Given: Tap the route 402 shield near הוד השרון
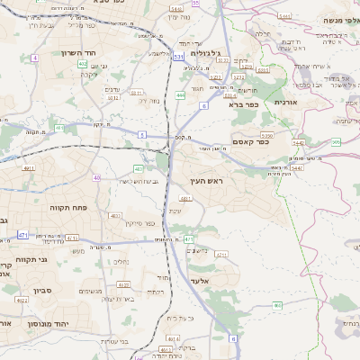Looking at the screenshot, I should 82,64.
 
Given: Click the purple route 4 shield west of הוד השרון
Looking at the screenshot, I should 34,58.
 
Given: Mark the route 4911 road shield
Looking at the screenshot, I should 28,167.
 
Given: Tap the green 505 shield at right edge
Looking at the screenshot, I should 336,141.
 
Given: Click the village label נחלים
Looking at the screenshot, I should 119,262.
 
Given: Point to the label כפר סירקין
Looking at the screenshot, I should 140,223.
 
